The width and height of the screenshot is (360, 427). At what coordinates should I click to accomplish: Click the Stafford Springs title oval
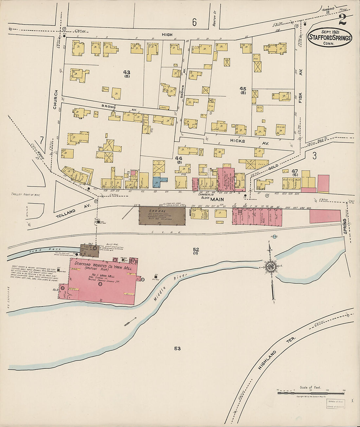[330, 38]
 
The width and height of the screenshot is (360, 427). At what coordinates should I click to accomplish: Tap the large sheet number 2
[342, 20]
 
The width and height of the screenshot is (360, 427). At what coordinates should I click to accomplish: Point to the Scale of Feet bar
[311, 393]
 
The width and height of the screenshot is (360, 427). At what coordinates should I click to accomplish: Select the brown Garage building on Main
[162, 216]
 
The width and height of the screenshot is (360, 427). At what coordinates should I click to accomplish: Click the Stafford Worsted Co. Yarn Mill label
[102, 265]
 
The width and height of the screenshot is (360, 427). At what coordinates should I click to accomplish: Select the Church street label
[56, 99]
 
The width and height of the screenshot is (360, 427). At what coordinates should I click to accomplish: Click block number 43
[127, 72]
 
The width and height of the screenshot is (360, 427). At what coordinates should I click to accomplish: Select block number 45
[243, 89]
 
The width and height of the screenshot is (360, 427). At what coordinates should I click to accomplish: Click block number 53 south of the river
[177, 348]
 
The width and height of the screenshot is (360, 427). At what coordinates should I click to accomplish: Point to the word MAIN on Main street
[217, 199]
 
